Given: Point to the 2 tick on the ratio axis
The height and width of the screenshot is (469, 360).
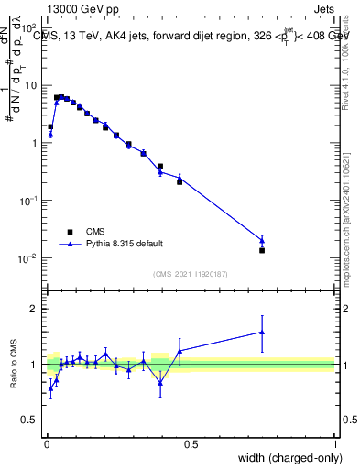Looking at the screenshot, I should [x=35, y=309].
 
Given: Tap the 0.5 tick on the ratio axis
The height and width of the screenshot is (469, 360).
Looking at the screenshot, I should [x=29, y=420].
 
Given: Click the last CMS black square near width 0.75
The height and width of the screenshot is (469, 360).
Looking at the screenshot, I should [x=262, y=250].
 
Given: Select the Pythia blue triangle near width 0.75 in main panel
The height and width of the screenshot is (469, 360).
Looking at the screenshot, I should [x=262, y=240].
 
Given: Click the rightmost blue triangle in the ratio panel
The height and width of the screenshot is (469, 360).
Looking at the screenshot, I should [x=262, y=333].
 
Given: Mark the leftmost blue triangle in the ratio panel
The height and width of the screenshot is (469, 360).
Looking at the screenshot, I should [x=50, y=388].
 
